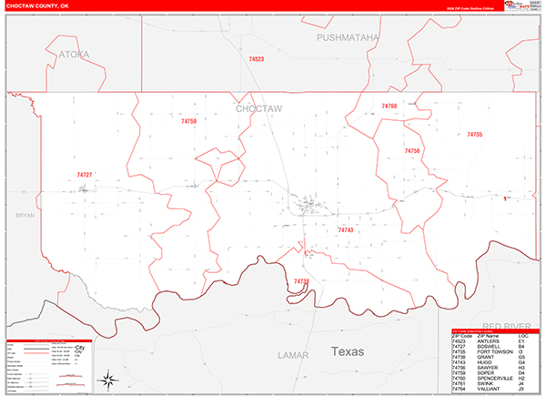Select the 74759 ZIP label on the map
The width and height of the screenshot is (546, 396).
[188, 121]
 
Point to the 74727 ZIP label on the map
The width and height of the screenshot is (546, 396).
[85, 174]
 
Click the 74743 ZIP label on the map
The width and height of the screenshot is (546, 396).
[345, 230]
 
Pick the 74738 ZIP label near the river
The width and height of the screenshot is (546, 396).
[301, 281]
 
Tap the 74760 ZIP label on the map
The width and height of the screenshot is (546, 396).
[389, 107]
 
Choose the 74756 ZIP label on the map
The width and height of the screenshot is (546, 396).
[412, 150]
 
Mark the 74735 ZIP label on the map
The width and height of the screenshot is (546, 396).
[474, 134]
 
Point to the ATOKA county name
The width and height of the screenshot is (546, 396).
[75, 55]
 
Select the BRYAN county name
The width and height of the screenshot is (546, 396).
[24, 215]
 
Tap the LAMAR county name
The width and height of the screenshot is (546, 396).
[293, 354]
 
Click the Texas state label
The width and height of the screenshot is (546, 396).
[347, 351]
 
